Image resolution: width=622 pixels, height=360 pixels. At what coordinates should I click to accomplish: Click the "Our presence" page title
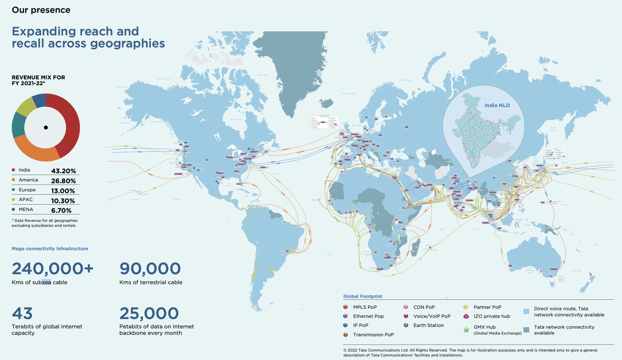tap(41, 10)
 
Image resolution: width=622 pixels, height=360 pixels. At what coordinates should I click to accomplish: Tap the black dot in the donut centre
tap(46, 127)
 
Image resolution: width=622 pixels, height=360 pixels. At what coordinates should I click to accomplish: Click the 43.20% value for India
tap(63, 171)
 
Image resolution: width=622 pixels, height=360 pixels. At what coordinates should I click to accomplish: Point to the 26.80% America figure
tap(63, 181)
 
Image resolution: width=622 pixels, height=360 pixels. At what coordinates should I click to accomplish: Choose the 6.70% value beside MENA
tap(63, 210)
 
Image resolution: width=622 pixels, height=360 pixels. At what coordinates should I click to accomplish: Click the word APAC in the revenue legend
tap(25, 200)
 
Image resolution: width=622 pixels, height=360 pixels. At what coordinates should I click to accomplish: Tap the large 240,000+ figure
tap(53, 269)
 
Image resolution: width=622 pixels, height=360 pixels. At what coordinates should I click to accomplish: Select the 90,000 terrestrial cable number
tap(150, 269)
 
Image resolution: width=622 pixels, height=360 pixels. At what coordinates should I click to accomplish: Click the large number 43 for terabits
tap(22, 313)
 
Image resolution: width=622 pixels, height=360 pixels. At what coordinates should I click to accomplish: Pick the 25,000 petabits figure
tap(149, 313)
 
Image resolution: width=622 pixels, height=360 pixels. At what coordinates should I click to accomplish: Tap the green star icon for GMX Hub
tap(465, 329)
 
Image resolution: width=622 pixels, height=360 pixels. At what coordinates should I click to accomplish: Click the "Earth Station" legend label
tap(429, 325)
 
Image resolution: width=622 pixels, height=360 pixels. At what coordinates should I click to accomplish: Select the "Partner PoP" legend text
tap(487, 307)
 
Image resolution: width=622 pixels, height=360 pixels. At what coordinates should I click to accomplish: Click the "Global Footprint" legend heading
tap(363, 296)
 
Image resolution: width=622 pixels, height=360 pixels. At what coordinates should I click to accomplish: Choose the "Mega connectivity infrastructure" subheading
tap(50, 248)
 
